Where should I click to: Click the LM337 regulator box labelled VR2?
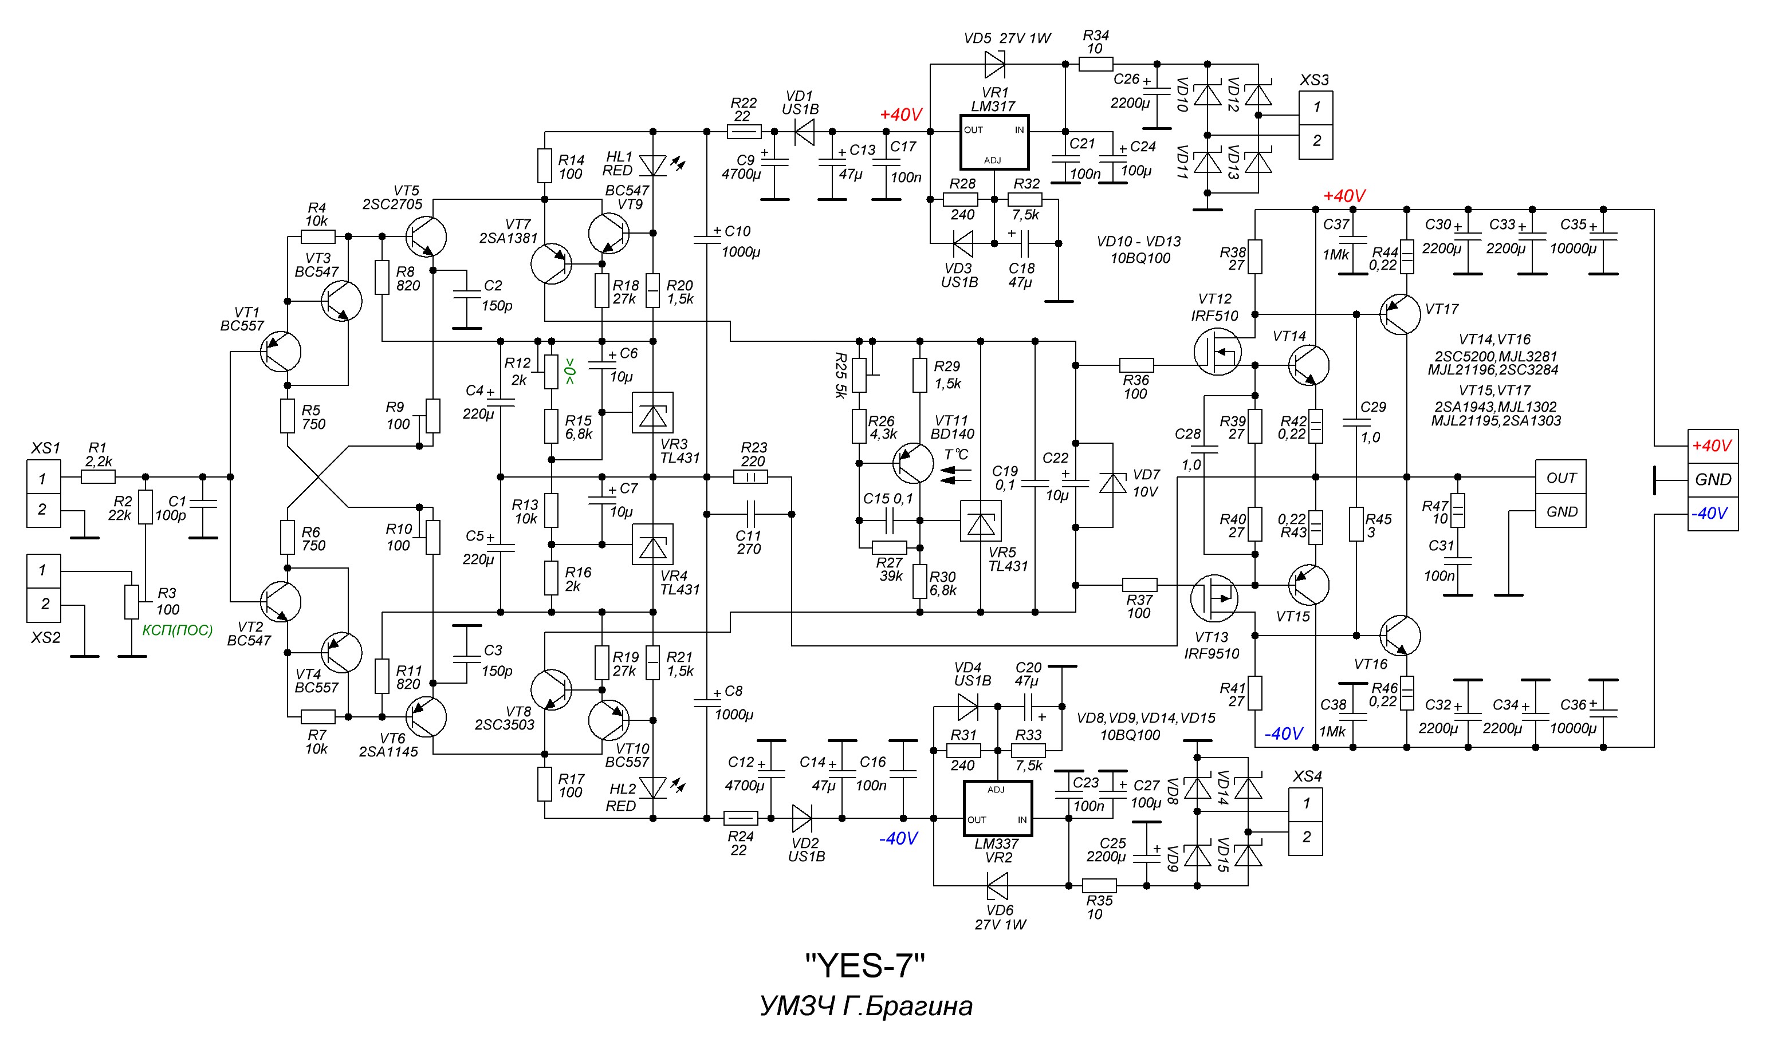point(997,808)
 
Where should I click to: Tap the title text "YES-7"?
point(864,965)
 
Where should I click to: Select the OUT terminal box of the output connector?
point(1560,478)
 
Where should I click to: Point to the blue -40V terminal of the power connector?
point(1712,513)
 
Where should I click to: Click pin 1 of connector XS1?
point(43,479)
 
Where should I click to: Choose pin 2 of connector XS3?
point(1316,141)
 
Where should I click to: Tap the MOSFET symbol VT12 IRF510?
point(1217,353)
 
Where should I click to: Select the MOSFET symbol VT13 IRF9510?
point(1214,597)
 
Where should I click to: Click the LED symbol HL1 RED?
point(652,166)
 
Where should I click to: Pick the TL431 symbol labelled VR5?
point(980,522)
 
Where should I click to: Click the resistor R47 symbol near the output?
point(1457,510)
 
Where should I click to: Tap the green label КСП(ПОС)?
point(177,630)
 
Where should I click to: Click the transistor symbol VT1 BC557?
point(280,352)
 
